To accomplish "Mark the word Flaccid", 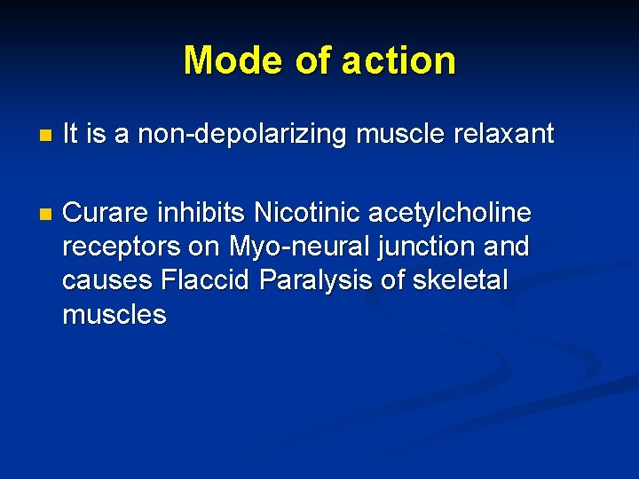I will tap(208, 280).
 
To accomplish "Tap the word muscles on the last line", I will tap(114, 314).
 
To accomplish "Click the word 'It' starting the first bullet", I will tap(71, 134).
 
